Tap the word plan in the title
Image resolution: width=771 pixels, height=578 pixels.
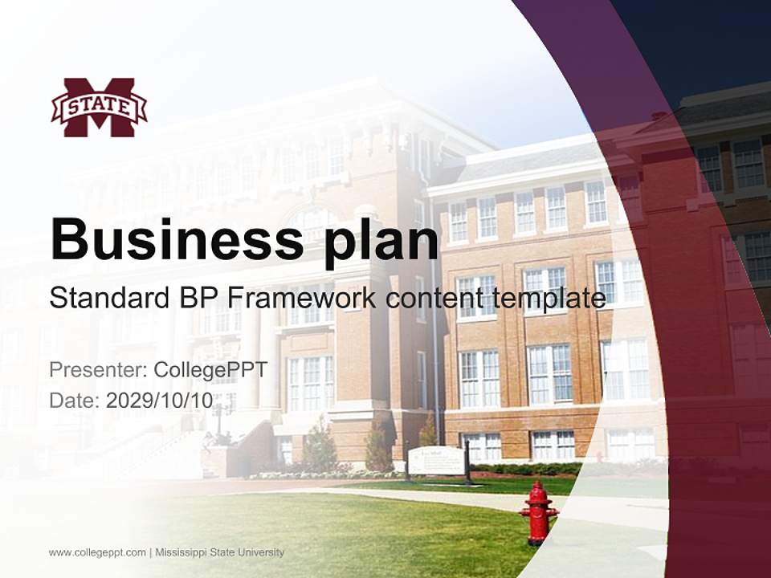click(x=381, y=238)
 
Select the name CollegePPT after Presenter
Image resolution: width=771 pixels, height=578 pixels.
click(x=210, y=370)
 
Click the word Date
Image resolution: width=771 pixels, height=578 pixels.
click(x=73, y=401)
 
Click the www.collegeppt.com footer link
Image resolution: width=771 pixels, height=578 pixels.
click(x=97, y=552)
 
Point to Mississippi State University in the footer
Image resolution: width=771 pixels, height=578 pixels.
click(x=220, y=552)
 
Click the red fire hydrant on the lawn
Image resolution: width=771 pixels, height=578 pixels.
click(x=538, y=512)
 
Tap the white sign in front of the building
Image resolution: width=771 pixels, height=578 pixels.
click(x=436, y=461)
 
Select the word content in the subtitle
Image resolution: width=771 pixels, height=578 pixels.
click(x=431, y=299)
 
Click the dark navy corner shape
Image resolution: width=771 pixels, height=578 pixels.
click(x=707, y=40)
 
